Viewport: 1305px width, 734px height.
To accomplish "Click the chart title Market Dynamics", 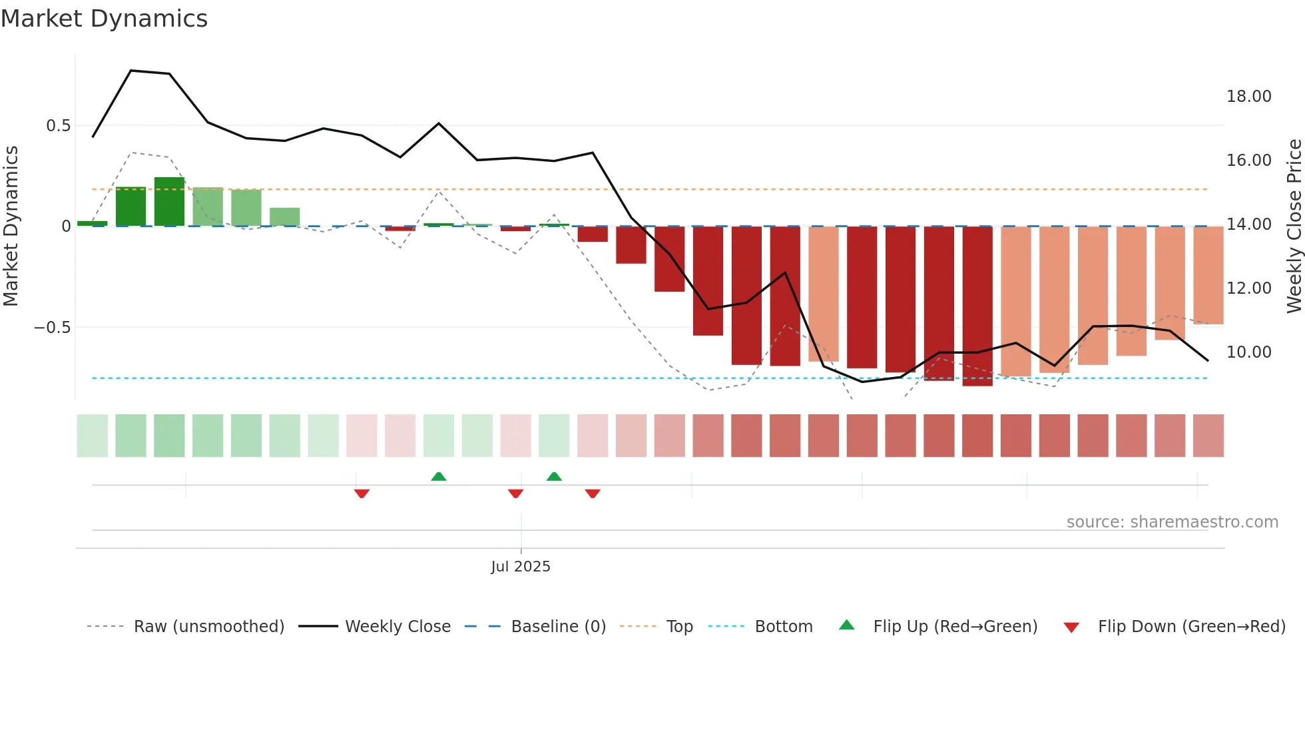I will (105, 19).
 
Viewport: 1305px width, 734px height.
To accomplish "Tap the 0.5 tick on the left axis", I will (58, 126).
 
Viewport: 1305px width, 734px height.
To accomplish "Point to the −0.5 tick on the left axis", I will (52, 328).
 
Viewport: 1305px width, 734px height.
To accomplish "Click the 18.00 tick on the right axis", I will (1248, 97).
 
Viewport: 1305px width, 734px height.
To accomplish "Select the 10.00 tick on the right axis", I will (1248, 352).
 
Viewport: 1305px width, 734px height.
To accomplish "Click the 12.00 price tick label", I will (1248, 288).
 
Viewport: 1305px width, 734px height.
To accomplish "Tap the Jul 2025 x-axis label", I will (521, 567).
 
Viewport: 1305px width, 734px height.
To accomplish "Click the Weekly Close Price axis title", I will (1294, 226).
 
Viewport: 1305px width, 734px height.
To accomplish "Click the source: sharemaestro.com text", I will (1172, 522).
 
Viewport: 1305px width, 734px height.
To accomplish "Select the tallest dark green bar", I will (169, 202).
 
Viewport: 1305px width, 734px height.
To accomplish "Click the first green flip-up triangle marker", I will (439, 476).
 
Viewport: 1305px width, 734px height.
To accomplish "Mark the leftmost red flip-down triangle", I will (362, 494).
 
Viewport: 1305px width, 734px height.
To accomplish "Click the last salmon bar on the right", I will (1208, 275).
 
